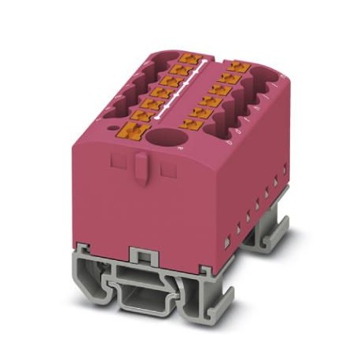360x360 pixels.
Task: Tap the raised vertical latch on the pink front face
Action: [138, 166]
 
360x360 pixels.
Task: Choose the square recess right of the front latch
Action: [164, 167]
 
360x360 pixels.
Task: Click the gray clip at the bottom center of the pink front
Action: [140, 255]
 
